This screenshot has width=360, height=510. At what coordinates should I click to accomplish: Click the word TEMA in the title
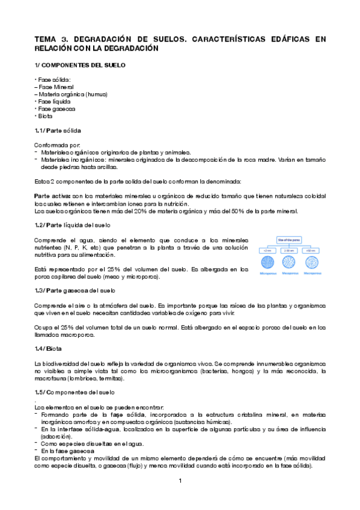45,39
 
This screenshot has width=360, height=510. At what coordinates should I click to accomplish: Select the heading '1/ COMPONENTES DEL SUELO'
80,64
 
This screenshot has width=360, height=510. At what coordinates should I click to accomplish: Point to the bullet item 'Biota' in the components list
44,116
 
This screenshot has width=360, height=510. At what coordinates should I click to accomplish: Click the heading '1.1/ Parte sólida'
58,131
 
